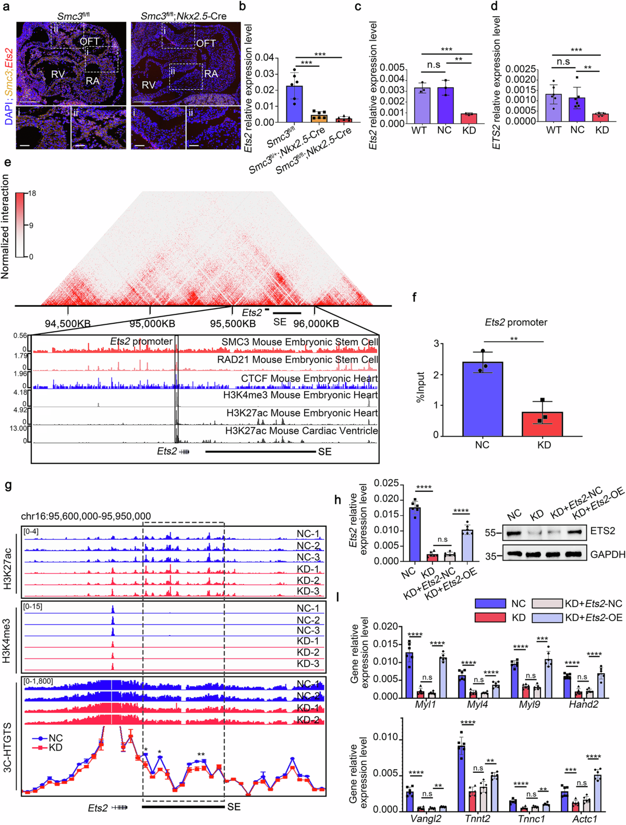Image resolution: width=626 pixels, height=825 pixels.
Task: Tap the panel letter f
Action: point(414,298)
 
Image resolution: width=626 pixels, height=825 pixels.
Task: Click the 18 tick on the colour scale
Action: point(32,193)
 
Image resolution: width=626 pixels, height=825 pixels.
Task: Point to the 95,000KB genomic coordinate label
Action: point(151,324)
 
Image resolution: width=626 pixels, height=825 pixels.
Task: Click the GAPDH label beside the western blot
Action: point(607,554)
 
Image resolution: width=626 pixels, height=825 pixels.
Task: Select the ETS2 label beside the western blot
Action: point(603,531)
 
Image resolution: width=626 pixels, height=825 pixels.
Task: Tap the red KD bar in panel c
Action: point(469,118)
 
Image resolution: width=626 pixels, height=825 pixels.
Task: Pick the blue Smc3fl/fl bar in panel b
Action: point(294,104)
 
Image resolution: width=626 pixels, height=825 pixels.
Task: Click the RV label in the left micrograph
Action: point(57,75)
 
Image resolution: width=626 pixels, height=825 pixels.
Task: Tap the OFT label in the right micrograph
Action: point(206,43)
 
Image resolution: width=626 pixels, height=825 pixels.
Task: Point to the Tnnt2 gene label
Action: point(477,819)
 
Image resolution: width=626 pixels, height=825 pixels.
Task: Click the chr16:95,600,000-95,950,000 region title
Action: point(86,516)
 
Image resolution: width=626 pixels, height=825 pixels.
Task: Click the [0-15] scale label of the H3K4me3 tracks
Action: point(33,606)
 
